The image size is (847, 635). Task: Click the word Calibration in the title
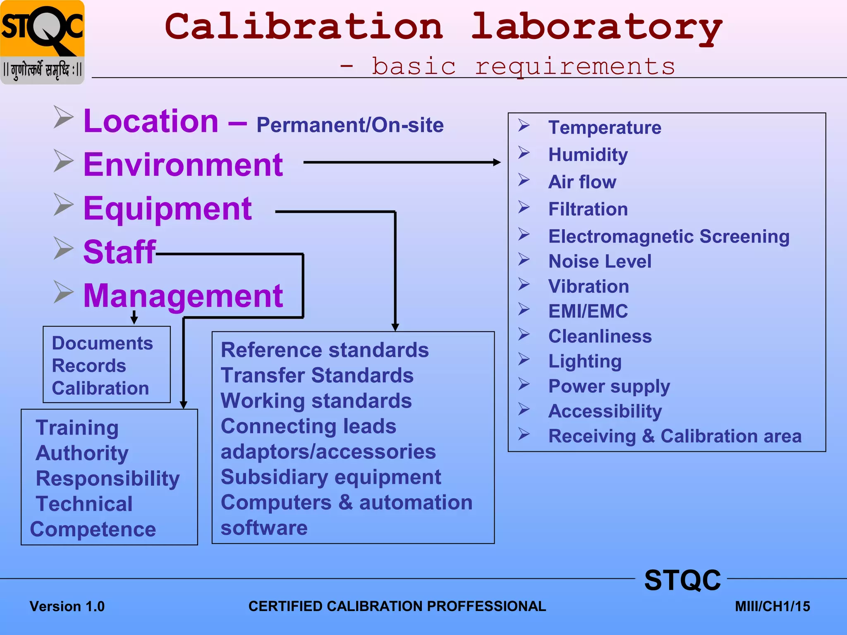click(304, 26)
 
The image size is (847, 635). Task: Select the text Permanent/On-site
click(350, 125)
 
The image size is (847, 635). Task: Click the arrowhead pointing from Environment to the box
click(497, 162)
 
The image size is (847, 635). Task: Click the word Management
click(183, 296)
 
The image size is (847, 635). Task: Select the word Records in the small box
click(89, 366)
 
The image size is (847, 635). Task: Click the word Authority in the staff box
click(82, 453)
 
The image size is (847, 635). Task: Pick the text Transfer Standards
click(317, 375)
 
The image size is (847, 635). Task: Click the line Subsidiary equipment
click(331, 477)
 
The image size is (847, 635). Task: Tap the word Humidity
click(588, 155)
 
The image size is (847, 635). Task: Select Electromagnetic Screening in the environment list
click(669, 236)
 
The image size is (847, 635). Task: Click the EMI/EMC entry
click(588, 311)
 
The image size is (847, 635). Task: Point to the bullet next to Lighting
click(524, 360)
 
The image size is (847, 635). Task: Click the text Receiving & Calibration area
click(675, 436)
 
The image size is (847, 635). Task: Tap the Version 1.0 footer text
click(67, 606)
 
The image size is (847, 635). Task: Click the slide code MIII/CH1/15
click(772, 606)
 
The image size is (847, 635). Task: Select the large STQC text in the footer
click(682, 580)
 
